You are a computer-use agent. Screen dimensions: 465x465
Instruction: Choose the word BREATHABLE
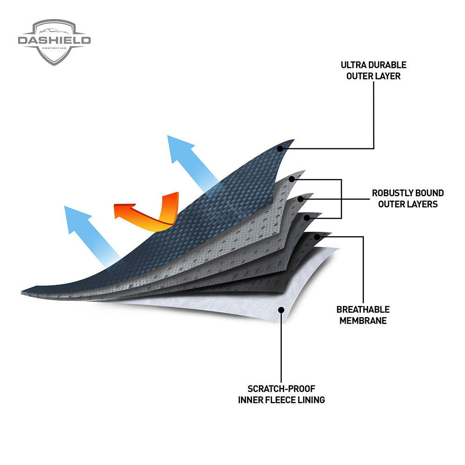point(363,310)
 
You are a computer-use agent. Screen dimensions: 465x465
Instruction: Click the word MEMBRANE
point(363,320)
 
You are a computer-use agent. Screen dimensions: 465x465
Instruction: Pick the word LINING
point(311,400)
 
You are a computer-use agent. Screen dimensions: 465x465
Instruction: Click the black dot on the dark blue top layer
point(280,149)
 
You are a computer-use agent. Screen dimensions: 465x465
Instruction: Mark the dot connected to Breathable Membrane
point(317,237)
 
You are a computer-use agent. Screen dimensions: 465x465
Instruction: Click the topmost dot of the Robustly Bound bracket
point(292,179)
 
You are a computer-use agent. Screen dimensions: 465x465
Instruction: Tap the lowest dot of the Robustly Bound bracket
point(307,217)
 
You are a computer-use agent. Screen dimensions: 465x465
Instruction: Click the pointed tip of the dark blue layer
point(293,139)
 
